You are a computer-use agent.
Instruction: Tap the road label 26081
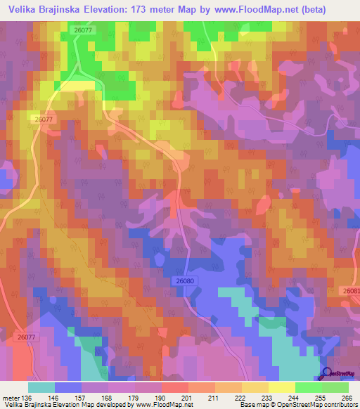(x=352, y=290)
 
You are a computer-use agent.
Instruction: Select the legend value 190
(x=160, y=397)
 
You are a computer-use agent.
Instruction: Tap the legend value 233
(x=268, y=397)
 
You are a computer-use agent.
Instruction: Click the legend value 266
(x=347, y=397)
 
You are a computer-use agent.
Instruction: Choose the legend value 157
(x=80, y=397)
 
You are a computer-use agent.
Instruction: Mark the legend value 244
(x=295, y=397)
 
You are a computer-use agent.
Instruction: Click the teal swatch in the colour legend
(x=41, y=387)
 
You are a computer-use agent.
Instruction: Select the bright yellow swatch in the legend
(x=281, y=387)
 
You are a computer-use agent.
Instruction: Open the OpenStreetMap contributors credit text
(x=316, y=405)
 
